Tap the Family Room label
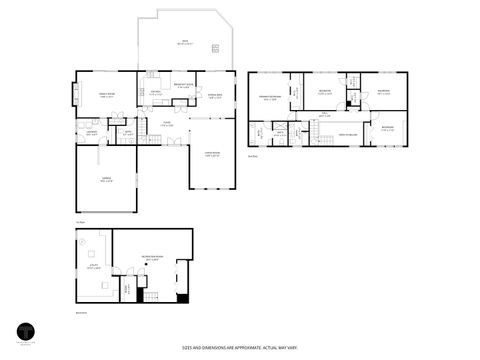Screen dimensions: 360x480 pyautogui.click(x=106, y=94)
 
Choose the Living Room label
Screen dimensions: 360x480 pyautogui.click(x=211, y=155)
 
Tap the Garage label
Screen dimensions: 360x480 pyautogui.click(x=106, y=180)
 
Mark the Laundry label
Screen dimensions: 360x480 pyautogui.click(x=90, y=133)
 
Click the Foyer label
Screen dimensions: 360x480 pyautogui.click(x=167, y=124)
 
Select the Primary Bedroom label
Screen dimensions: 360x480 pyautogui.click(x=271, y=97)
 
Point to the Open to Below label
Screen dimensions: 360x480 pyautogui.click(x=346, y=135)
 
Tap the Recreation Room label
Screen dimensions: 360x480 pyautogui.click(x=152, y=257)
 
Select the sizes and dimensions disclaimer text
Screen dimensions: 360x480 pyautogui.click(x=239, y=348)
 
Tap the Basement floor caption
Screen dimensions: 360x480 pyautogui.click(x=80, y=312)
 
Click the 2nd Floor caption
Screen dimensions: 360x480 pyautogui.click(x=255, y=155)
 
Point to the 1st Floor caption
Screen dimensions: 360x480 pyautogui.click(x=79, y=221)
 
